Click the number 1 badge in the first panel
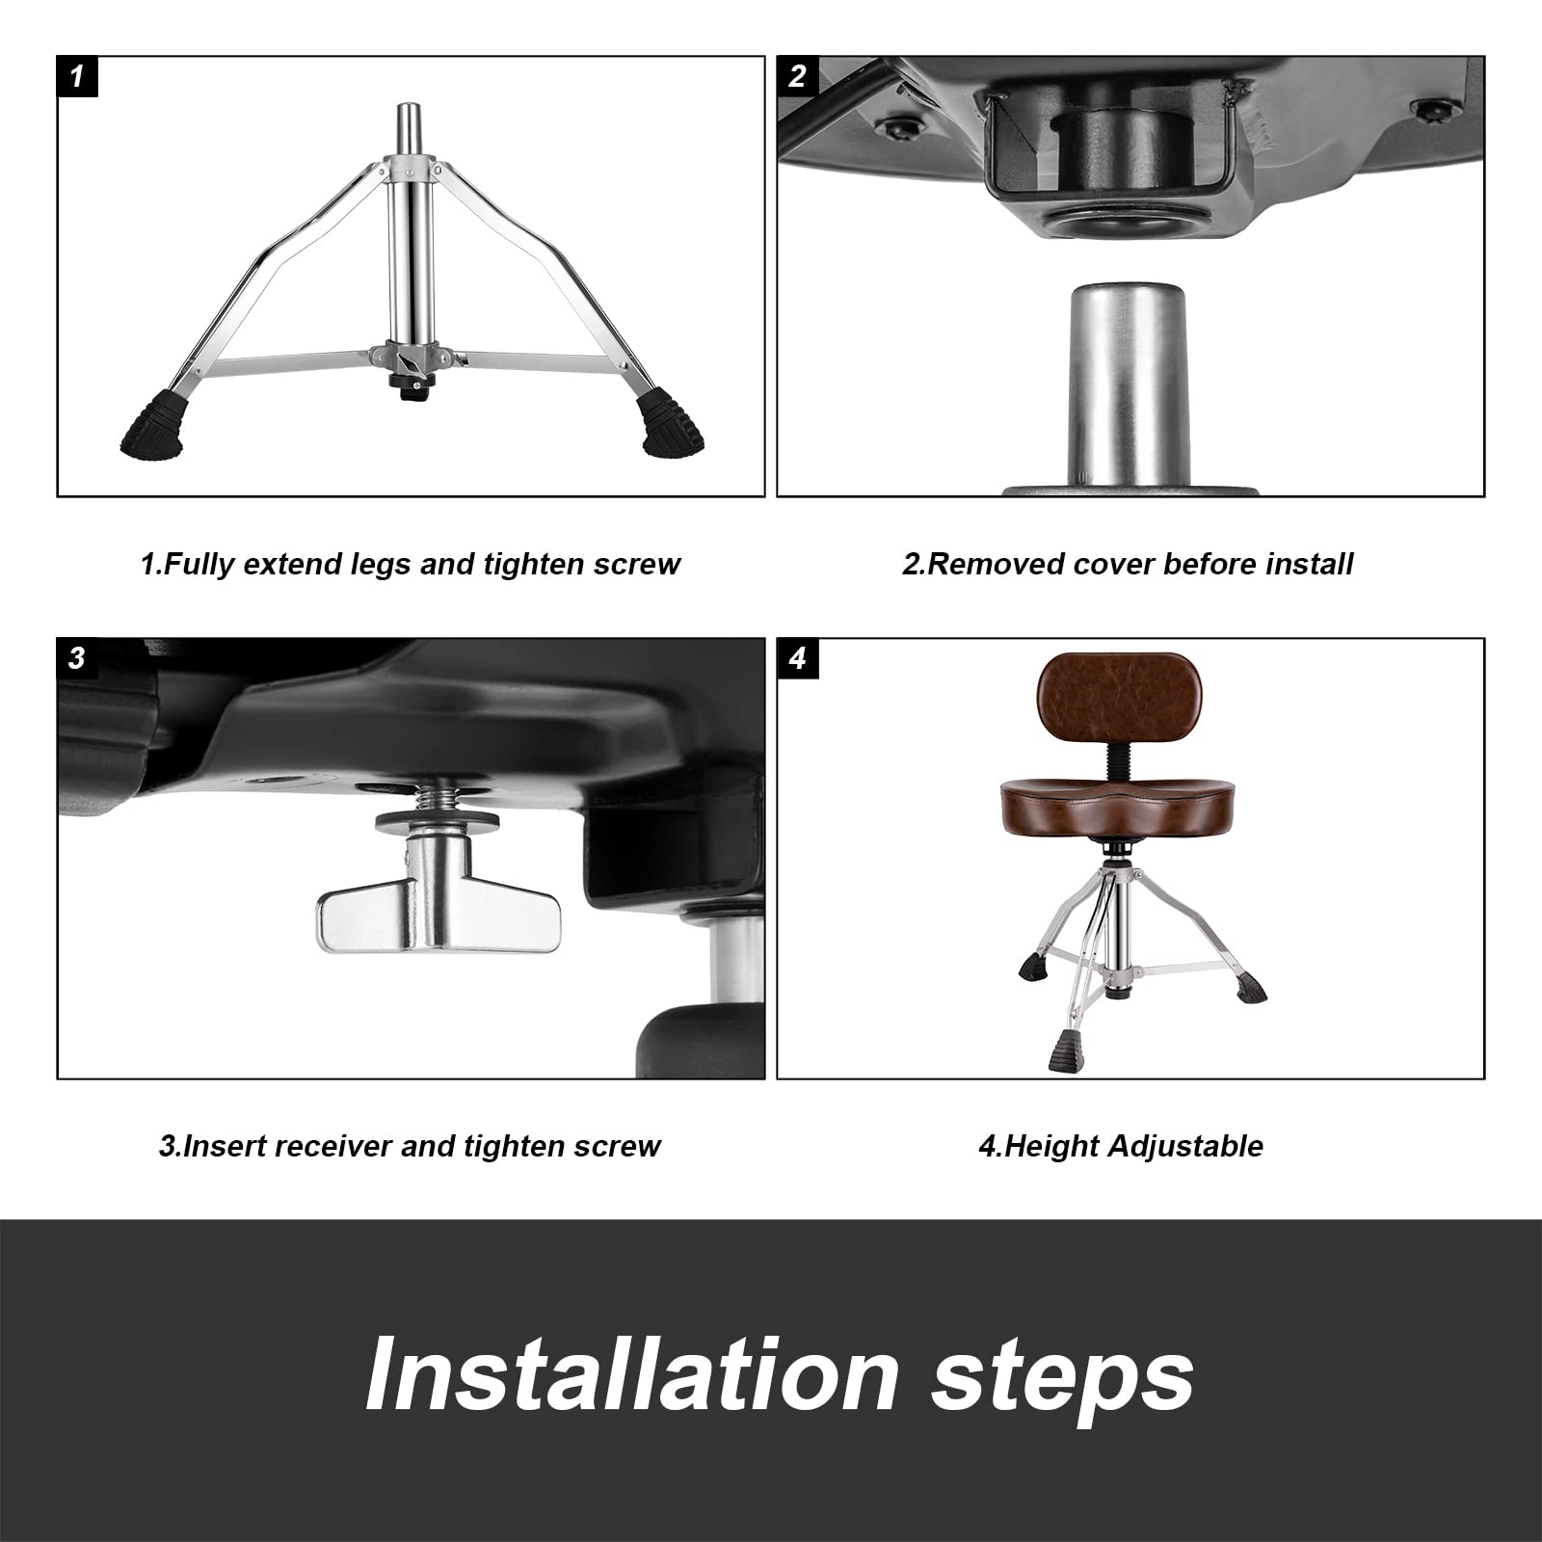pyautogui.click(x=78, y=76)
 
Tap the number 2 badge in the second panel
pyautogui.click(x=798, y=76)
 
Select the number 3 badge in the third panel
pyautogui.click(x=78, y=658)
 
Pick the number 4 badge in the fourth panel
pyautogui.click(x=798, y=658)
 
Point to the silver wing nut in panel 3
pyautogui.click(x=439, y=897)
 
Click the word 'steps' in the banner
pyautogui.click(x=1062, y=1380)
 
